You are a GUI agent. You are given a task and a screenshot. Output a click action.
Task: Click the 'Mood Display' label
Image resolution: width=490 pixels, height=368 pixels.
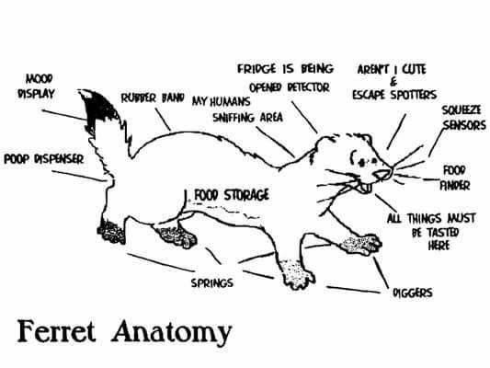click(36, 86)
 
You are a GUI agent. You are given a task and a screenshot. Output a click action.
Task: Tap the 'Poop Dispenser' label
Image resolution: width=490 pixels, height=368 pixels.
click(44, 159)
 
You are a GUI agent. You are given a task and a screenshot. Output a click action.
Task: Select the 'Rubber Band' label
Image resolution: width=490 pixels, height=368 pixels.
click(153, 98)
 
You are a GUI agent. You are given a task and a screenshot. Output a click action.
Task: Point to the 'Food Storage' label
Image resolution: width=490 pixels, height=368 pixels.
click(232, 195)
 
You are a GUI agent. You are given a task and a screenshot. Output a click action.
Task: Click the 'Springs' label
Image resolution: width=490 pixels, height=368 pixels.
click(212, 282)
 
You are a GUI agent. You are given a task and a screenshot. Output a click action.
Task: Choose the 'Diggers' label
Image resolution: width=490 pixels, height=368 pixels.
click(413, 293)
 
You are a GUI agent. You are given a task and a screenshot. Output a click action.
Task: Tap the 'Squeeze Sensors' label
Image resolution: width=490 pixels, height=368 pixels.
click(463, 118)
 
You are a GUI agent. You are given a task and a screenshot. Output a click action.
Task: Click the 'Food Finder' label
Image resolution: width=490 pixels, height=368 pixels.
click(455, 178)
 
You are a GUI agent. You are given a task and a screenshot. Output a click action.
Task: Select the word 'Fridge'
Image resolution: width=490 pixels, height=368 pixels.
click(256, 68)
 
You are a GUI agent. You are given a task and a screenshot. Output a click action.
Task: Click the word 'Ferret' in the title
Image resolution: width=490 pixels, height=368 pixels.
click(56, 331)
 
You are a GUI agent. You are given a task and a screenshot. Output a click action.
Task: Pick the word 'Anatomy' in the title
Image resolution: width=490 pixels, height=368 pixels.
click(172, 333)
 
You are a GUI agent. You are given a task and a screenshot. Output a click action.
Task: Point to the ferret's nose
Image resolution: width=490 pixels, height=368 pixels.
click(384, 174)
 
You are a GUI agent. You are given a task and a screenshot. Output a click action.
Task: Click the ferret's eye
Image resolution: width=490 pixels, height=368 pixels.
click(362, 162)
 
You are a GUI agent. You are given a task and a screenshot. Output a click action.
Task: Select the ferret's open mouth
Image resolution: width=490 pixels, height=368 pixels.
click(364, 188)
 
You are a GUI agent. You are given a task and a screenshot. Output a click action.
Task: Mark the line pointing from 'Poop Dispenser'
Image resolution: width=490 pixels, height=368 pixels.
click(78, 176)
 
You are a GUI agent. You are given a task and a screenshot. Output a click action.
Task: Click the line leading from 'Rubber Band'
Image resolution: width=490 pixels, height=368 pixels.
click(163, 120)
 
